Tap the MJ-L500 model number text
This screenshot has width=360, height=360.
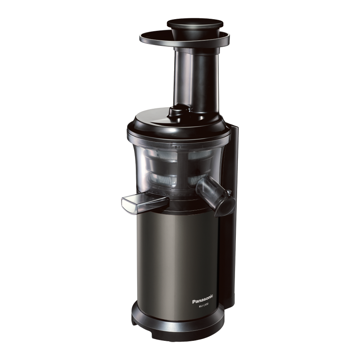(203, 305)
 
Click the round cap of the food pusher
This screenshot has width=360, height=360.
(195, 23)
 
